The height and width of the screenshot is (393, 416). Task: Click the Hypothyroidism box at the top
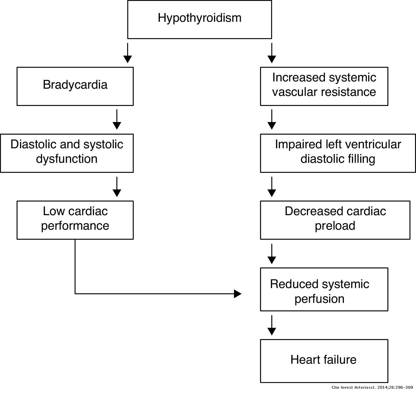coord(199,20)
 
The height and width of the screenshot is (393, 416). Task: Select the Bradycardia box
coord(75,86)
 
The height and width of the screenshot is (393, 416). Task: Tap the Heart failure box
coord(324,360)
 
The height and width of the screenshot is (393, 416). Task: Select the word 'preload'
coord(335,226)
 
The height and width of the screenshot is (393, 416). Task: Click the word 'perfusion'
coord(319,299)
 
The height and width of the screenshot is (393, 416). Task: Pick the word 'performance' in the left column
coord(75,226)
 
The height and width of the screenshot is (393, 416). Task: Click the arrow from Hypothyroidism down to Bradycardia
coord(128,53)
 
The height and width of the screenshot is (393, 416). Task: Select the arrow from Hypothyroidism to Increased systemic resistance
coord(272,53)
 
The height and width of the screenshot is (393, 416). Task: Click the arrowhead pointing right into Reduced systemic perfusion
coord(238,294)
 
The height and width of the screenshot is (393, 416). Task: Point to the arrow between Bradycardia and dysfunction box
coord(117,119)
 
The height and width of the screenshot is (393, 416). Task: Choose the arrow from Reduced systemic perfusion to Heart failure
coord(272,325)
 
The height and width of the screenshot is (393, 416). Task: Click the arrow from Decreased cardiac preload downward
coord(272,254)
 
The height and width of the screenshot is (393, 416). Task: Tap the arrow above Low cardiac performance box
coord(117,187)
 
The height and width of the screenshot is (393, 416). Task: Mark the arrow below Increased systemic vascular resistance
coord(272,119)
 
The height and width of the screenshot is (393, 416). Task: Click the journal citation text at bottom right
coord(372,387)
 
